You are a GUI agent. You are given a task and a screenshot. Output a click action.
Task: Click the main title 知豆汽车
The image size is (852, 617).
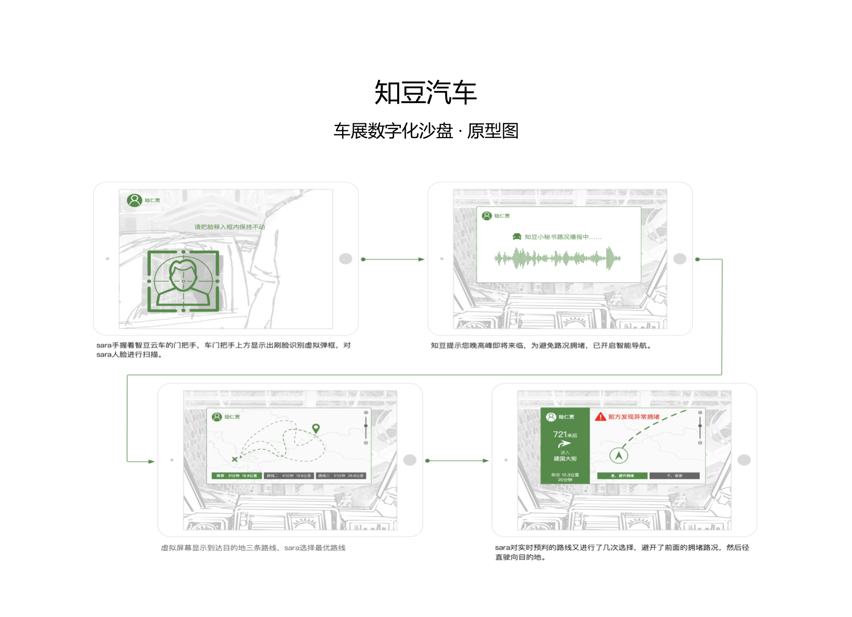tap(425, 93)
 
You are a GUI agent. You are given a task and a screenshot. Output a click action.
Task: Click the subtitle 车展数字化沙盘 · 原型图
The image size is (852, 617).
tap(425, 131)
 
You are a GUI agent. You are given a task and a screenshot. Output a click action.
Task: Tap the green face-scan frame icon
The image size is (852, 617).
tap(183, 281)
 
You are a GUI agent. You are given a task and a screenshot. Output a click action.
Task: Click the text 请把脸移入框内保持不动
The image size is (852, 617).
tap(229, 227)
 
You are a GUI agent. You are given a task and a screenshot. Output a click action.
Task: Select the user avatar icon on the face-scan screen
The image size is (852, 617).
tap(134, 200)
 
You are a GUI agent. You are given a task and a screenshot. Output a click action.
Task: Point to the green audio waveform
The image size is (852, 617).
tap(557, 258)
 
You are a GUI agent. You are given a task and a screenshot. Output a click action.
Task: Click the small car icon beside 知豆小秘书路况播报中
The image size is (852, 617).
tap(517, 237)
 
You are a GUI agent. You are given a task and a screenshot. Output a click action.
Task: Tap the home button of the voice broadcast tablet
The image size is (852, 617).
tap(680, 259)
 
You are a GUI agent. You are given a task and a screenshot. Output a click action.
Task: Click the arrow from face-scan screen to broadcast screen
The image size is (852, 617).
tap(393, 259)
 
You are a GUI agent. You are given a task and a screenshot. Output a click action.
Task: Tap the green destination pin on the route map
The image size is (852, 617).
tap(316, 428)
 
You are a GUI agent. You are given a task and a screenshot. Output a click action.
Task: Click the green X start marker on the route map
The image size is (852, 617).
tap(234, 459)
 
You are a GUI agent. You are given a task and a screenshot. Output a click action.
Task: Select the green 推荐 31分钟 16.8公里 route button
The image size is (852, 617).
tap(237, 476)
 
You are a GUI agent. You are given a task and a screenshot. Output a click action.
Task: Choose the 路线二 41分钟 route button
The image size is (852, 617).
tap(289, 476)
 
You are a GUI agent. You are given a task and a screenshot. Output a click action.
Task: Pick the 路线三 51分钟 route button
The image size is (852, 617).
tap(341, 476)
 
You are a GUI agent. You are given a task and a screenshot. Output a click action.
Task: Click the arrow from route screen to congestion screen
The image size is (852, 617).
tap(457, 461)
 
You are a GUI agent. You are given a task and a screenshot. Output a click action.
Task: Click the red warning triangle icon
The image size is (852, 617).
tap(600, 417)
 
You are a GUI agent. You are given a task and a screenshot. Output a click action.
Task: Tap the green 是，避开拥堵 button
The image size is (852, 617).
tap(622, 476)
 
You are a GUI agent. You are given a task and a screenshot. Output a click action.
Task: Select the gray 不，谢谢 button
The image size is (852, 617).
tap(674, 476)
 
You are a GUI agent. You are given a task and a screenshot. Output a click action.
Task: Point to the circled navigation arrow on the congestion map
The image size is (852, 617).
tap(619, 456)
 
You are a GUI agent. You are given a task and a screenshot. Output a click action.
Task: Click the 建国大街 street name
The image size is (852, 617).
tap(565, 459)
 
